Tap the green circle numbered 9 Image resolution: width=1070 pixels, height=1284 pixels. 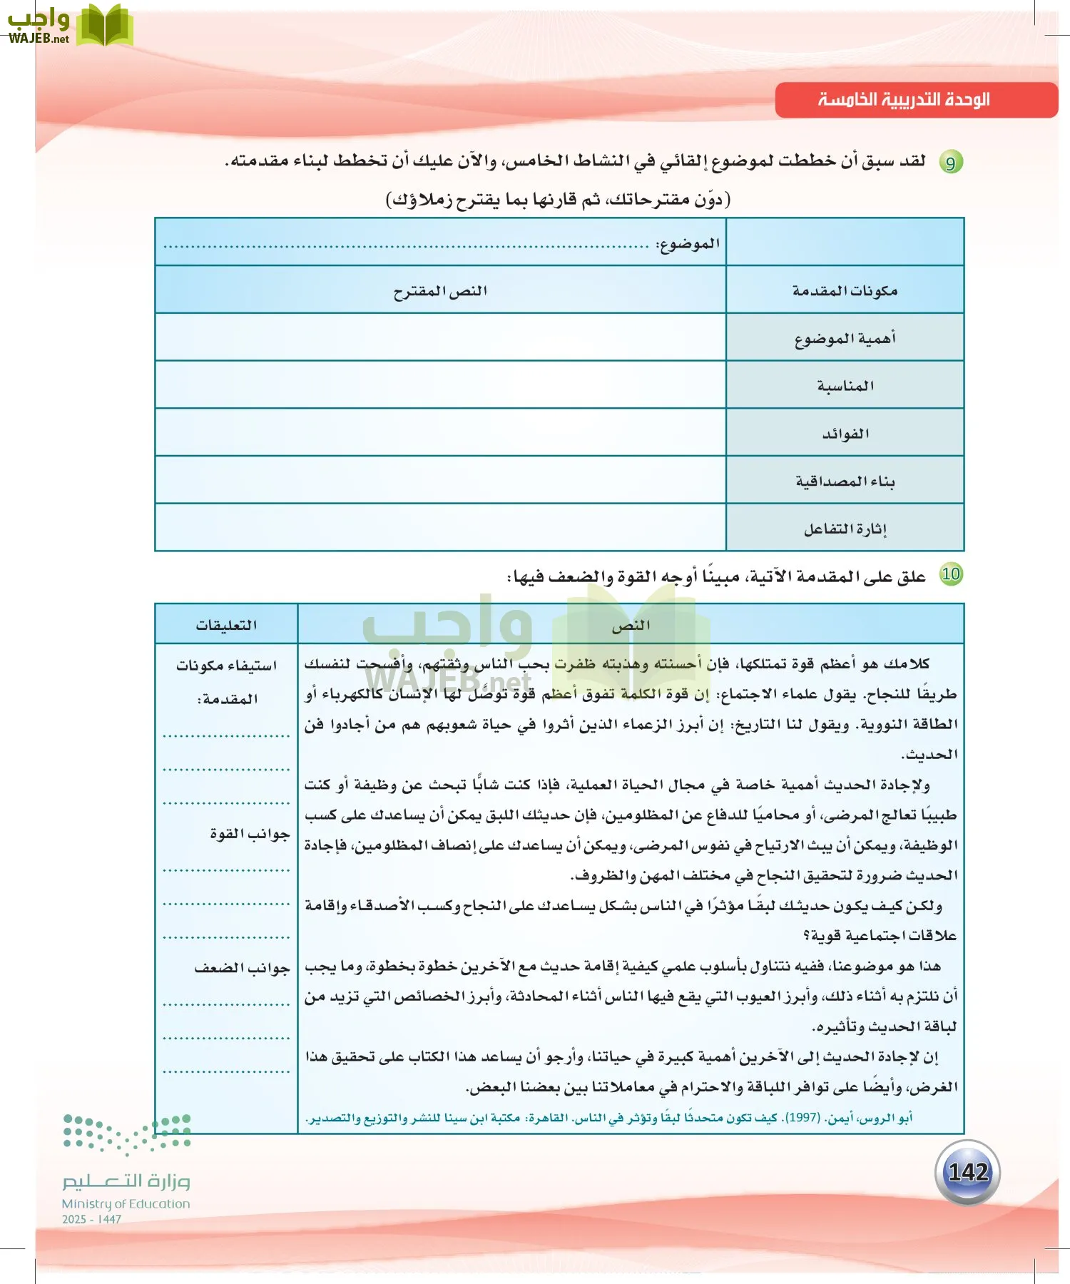pos(950,163)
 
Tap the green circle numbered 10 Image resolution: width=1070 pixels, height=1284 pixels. pos(951,574)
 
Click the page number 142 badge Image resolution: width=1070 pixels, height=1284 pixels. pos(967,1172)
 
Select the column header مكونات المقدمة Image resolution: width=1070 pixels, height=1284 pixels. pos(845,291)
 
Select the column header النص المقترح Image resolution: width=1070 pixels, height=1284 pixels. pos(440,291)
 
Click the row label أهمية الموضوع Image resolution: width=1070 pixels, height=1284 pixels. pos(845,339)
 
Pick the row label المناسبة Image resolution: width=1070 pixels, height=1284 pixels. pos(845,386)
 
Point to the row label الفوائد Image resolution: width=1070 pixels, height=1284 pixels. pos(845,434)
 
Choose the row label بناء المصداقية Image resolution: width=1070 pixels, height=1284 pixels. pos(845,481)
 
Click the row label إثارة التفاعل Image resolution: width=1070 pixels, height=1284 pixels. pos(845,529)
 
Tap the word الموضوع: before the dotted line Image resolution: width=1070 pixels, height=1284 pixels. pos(688,244)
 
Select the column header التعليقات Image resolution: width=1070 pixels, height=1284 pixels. pos(226,625)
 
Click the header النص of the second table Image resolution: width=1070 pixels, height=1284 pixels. pos(631,625)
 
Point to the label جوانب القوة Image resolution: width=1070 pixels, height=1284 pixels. pos(249,833)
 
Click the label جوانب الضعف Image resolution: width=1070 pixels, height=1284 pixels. pos(242,968)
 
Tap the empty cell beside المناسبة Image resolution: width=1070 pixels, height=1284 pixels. pos(440,385)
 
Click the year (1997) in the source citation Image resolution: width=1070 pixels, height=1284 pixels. pos(802,1118)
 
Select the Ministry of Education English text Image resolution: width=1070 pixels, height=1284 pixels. pos(126,1203)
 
